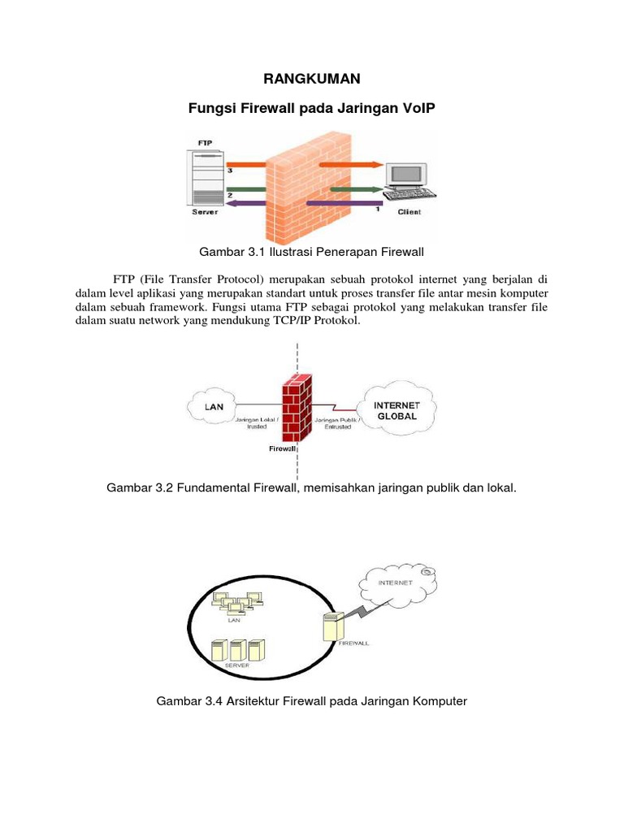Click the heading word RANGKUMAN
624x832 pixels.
click(312, 79)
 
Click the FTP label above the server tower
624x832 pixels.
click(206, 142)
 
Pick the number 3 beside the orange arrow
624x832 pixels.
click(230, 171)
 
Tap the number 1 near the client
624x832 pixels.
click(377, 210)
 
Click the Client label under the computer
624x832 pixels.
click(409, 212)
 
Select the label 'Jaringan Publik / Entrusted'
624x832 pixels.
click(333, 423)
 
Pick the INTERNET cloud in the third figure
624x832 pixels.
click(396, 583)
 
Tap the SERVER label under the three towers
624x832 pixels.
click(237, 664)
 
